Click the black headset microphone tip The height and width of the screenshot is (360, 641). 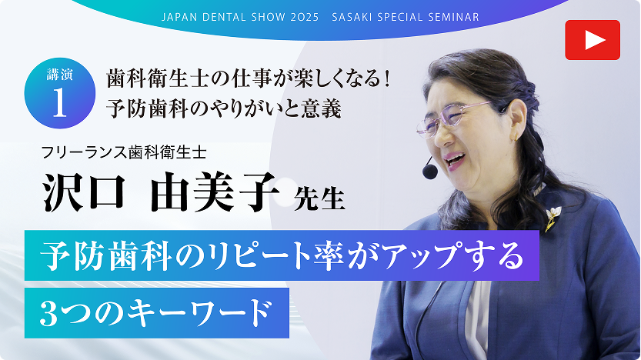pyautogui.click(x=429, y=172)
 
